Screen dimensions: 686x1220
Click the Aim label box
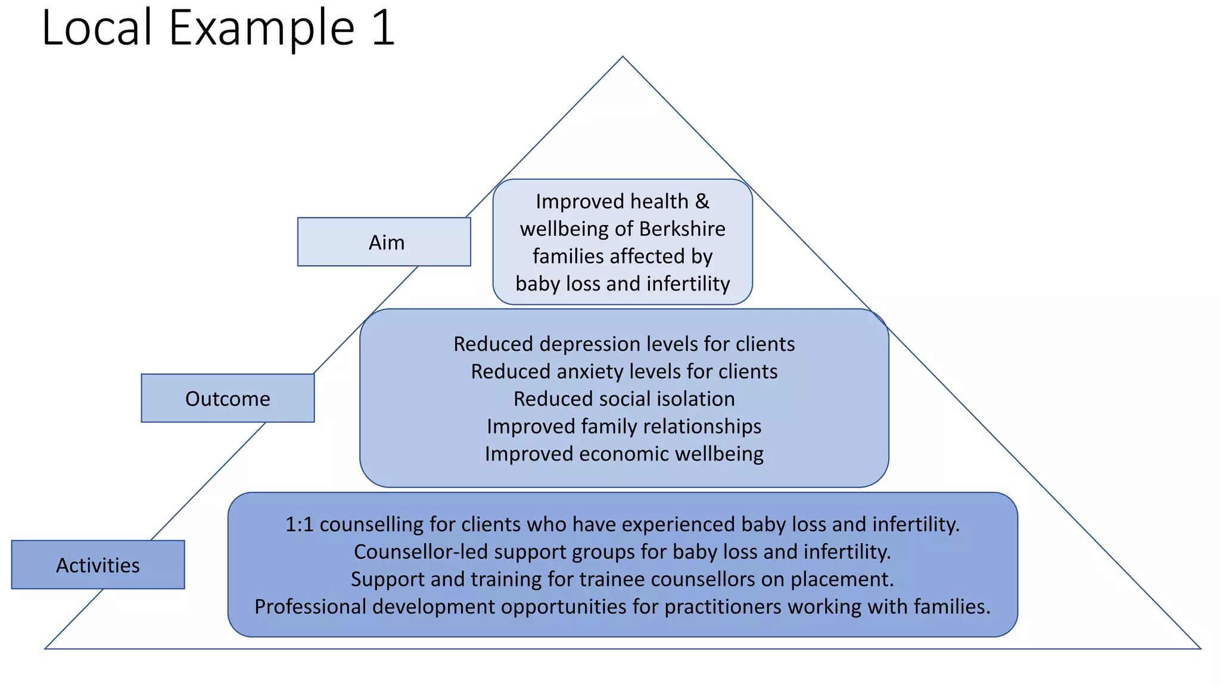[x=384, y=242]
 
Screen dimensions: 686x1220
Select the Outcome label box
[x=228, y=398]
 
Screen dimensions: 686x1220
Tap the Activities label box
[x=98, y=565]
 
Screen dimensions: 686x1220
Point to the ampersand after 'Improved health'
[x=702, y=201]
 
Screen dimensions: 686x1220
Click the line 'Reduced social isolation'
[x=624, y=399]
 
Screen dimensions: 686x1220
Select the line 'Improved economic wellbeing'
[x=624, y=454]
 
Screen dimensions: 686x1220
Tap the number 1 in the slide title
[x=383, y=29]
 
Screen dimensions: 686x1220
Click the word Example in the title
[x=262, y=29]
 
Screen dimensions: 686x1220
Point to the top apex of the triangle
[x=623, y=58]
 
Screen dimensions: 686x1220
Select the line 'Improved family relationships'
[x=624, y=426]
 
